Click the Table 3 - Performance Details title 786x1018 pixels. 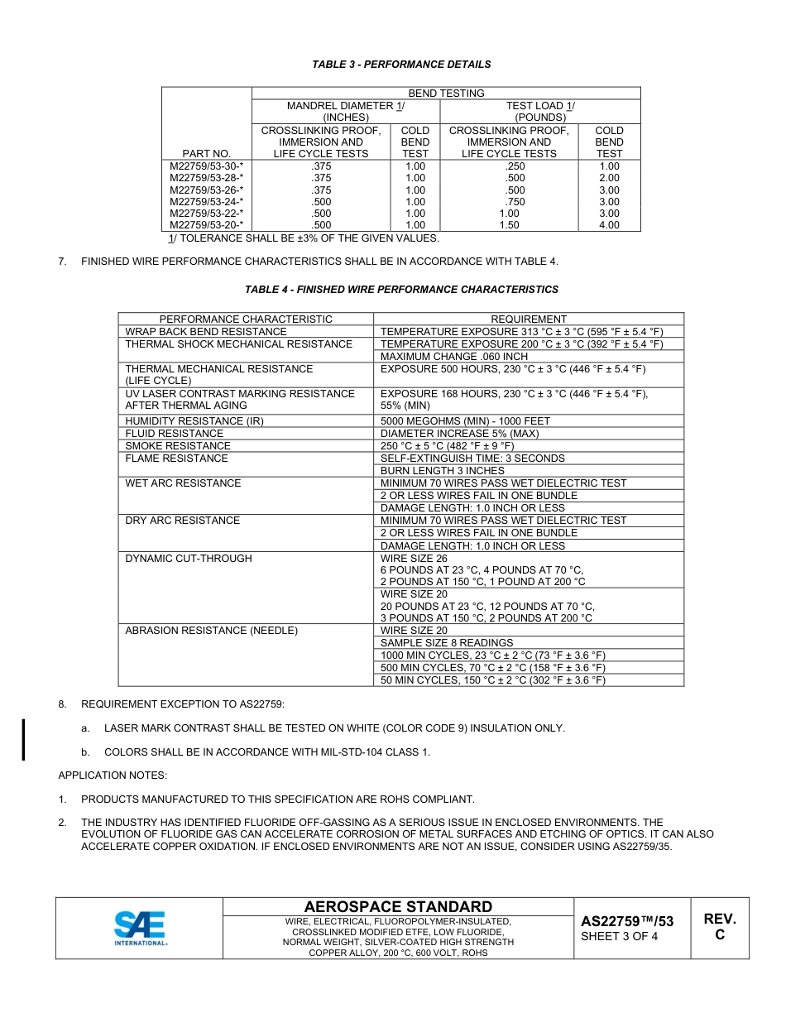[x=401, y=65]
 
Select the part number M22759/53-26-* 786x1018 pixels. [x=207, y=190]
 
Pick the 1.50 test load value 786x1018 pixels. [x=509, y=225]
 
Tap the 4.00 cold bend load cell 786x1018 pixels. [x=609, y=225]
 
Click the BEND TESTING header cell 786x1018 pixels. [x=446, y=94]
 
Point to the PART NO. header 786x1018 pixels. [x=207, y=153]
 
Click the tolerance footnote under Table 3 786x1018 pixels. [x=304, y=238]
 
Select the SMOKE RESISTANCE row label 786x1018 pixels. [x=166, y=446]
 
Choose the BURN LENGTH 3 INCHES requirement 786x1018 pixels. [x=442, y=471]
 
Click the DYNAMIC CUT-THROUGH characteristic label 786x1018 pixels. [x=189, y=559]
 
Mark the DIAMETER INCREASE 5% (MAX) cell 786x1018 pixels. [x=459, y=434]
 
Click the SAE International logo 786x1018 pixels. [x=140, y=928]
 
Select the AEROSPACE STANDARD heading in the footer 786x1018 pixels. [x=398, y=907]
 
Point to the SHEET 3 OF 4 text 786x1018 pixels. [x=620, y=937]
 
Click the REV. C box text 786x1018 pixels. [x=719, y=927]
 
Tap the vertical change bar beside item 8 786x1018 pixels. [x=24, y=739]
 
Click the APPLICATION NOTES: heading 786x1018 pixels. [x=113, y=776]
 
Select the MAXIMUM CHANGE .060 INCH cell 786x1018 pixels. [x=453, y=357]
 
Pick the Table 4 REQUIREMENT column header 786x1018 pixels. [x=529, y=319]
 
